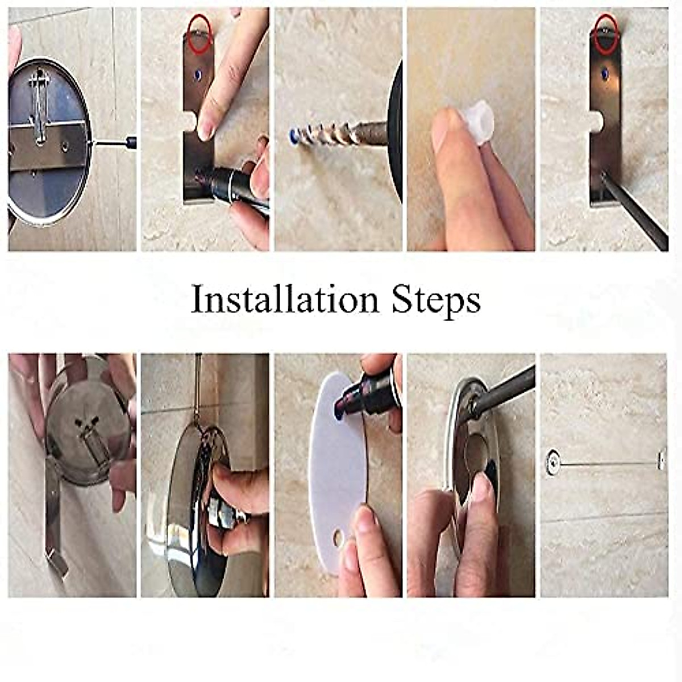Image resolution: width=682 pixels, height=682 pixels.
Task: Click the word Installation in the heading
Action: click(284, 300)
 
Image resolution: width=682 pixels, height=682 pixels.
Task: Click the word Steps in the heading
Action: click(436, 300)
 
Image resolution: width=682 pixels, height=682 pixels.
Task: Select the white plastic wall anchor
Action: click(476, 119)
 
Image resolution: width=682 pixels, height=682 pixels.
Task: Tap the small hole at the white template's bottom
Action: click(339, 536)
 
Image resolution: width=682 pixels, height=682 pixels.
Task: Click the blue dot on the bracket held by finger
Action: click(198, 74)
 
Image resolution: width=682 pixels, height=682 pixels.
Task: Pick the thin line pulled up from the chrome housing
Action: click(197, 386)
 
